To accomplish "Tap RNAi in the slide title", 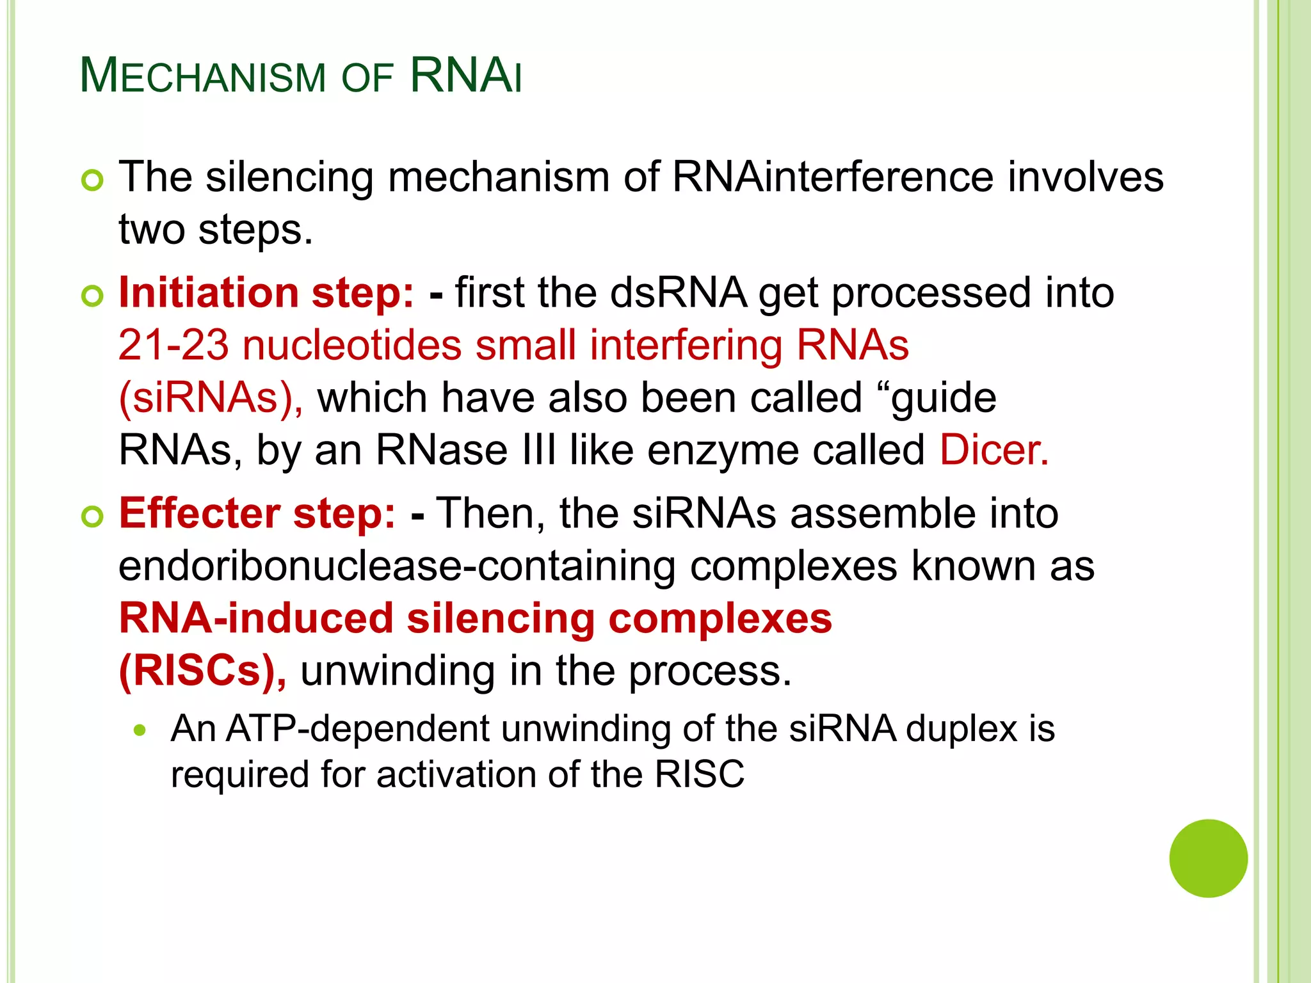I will pos(465,76).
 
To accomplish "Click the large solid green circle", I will pos(1208,858).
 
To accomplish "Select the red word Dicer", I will pos(993,450).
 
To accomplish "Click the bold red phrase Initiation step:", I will pos(266,293).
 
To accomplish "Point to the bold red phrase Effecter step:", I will pos(257,513).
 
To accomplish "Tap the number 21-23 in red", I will pos(173,346).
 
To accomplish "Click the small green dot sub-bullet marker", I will pos(140,730).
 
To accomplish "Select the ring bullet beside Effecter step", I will pos(93,516).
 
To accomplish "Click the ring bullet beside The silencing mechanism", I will pos(93,180).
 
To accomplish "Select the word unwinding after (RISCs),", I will pos(398,671).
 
